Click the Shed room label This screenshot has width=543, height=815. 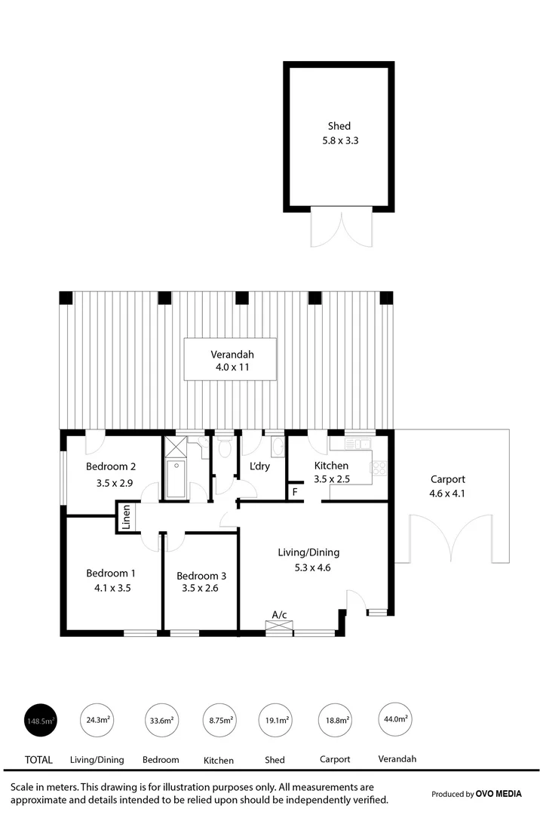tap(339, 126)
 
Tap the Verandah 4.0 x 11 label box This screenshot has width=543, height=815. tap(231, 359)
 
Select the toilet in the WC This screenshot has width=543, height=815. tap(225, 450)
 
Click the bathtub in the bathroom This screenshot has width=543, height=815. tap(176, 478)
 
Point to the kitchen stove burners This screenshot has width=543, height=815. tap(378, 468)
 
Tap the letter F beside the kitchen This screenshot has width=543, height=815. tap(296, 493)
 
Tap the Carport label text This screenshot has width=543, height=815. tap(447, 479)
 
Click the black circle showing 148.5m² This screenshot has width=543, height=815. tap(41, 721)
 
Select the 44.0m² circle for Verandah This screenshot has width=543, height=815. tap(396, 720)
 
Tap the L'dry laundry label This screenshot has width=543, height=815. tap(260, 466)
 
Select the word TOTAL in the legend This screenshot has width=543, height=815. tap(39, 760)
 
